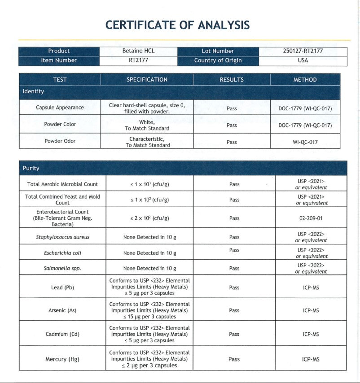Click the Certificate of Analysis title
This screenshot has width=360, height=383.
pyautogui.click(x=177, y=25)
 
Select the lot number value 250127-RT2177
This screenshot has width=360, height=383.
pyautogui.click(x=303, y=51)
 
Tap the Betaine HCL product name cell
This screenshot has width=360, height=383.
pyautogui.click(x=138, y=51)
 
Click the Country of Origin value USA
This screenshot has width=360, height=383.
pyautogui.click(x=303, y=61)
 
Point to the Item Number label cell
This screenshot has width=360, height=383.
pyautogui.click(x=59, y=61)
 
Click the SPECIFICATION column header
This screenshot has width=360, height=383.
pyautogui.click(x=147, y=80)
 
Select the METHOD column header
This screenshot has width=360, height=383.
pyautogui.click(x=305, y=80)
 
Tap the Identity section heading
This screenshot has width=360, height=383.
pyautogui.click(x=34, y=91)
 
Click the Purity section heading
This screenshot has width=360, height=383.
pyautogui.click(x=31, y=168)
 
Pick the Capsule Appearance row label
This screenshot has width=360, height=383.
pyautogui.click(x=60, y=108)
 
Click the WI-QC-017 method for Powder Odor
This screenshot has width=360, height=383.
pyautogui.click(x=305, y=142)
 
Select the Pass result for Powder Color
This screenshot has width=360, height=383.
pyautogui.click(x=232, y=126)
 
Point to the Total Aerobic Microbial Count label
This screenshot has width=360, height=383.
pyautogui.click(x=62, y=184)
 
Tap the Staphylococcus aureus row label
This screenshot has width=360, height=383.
pyautogui.click(x=62, y=237)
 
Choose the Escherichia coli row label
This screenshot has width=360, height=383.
pyautogui.click(x=62, y=253)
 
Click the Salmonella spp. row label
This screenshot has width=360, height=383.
pyautogui.click(x=62, y=268)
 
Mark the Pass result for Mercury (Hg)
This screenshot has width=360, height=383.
pyautogui.click(x=234, y=359)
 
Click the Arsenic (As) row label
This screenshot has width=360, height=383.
pyautogui.click(x=62, y=310)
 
